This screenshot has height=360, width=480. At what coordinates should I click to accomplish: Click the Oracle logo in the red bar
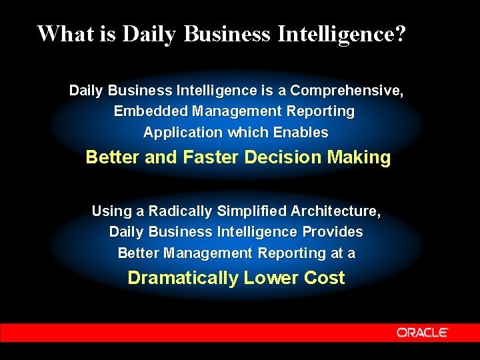click(422, 332)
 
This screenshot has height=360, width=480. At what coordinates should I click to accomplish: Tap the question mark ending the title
click(399, 33)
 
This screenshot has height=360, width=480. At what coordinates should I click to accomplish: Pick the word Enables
click(303, 133)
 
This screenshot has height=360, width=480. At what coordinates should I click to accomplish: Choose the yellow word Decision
click(283, 158)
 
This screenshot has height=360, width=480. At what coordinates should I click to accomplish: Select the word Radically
click(176, 211)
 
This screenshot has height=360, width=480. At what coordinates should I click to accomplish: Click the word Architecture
click(336, 211)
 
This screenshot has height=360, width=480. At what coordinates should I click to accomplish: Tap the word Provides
click(333, 232)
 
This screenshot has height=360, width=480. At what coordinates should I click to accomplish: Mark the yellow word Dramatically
click(183, 278)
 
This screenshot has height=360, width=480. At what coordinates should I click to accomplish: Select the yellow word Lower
click(271, 278)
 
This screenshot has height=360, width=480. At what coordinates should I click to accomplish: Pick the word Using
click(111, 211)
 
